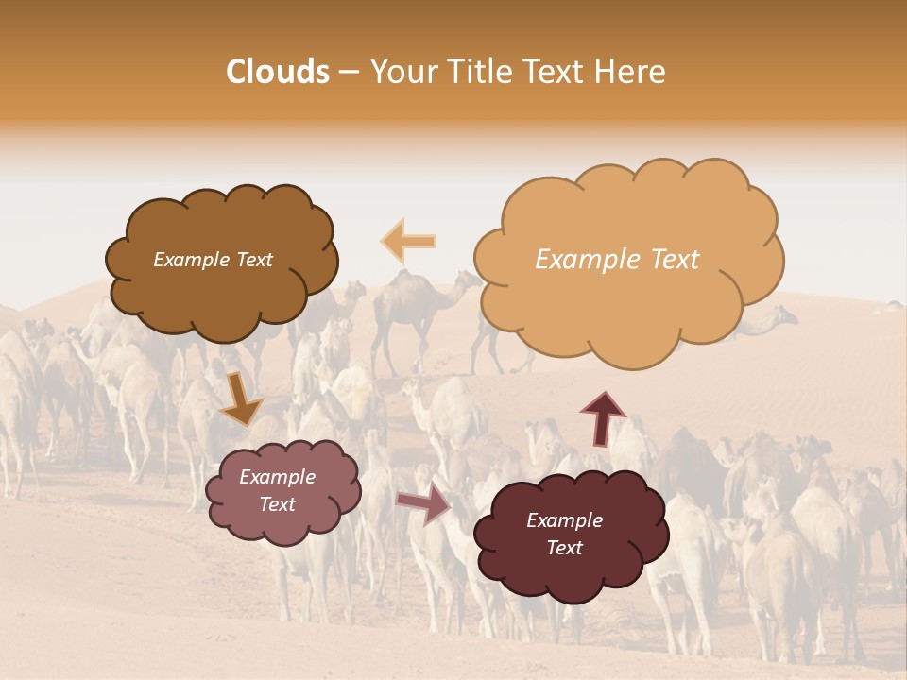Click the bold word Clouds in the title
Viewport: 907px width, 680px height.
coord(278,72)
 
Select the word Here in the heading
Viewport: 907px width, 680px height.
coord(631,72)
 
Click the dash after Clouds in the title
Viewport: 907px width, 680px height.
coord(349,73)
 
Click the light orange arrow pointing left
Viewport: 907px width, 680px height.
coord(409,241)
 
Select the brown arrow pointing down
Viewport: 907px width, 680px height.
coord(241,400)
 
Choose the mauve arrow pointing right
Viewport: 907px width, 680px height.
coord(424,503)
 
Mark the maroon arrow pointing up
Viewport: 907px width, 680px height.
coord(603,418)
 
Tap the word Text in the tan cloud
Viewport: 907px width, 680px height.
coord(676,260)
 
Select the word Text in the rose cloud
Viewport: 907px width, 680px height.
coord(277,504)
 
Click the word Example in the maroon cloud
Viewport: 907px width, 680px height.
coord(564,520)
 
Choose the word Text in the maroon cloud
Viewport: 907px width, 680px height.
coord(564,548)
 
